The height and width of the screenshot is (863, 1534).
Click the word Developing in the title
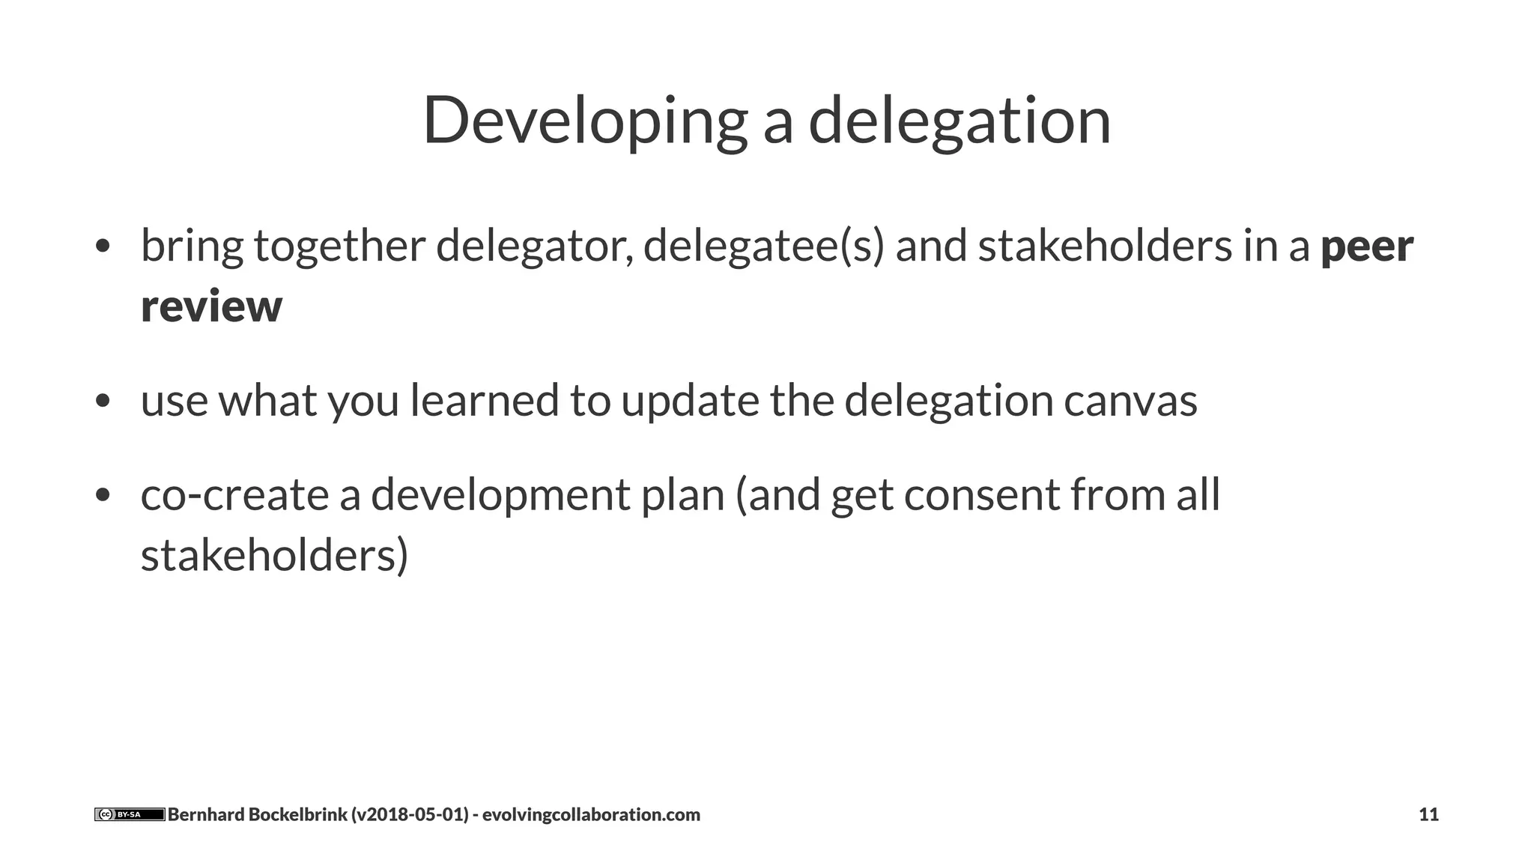[585, 121]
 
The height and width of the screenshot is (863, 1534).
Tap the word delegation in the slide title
[959, 121]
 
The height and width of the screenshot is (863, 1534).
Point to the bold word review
[211, 306]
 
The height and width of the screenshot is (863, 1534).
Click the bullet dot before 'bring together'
[103, 246]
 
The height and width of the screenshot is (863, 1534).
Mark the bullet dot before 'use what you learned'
[103, 401]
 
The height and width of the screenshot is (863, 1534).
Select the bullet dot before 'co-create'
[103, 495]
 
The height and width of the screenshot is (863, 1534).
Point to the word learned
[484, 401]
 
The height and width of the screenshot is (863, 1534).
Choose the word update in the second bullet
[690, 401]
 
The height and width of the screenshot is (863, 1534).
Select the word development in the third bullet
[500, 495]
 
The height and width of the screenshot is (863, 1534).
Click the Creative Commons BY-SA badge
[130, 814]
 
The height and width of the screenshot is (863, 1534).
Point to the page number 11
[1428, 814]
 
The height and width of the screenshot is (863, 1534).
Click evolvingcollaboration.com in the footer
[591, 814]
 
